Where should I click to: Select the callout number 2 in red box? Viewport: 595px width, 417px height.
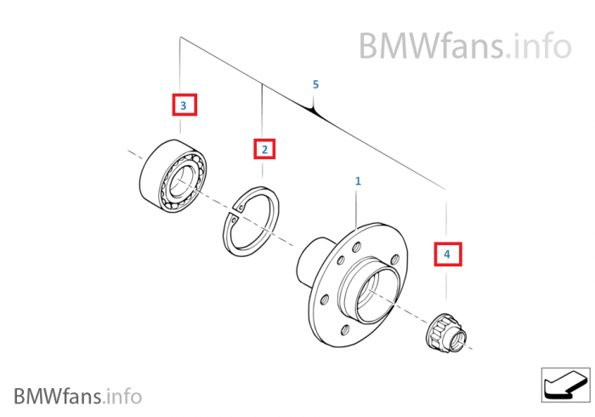[x=264, y=150]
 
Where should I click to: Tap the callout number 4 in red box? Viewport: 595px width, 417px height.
[x=447, y=254]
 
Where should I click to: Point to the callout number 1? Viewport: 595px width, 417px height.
[x=358, y=181]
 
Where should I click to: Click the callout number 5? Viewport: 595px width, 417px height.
[x=315, y=84]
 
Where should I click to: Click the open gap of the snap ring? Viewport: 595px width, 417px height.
[x=235, y=212]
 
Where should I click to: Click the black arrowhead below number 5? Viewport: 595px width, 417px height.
[x=315, y=111]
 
